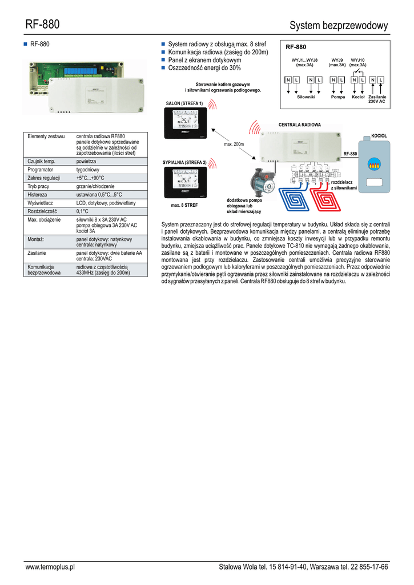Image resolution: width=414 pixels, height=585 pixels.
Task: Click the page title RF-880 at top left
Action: (x=43, y=25)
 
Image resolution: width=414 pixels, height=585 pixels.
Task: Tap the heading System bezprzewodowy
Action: (x=339, y=26)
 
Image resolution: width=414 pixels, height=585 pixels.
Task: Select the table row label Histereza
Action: (x=37, y=195)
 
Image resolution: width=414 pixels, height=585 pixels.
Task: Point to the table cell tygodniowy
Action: (x=88, y=170)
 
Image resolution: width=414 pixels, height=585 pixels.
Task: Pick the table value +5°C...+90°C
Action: (x=90, y=178)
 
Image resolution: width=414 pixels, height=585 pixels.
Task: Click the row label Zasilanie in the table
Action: (x=37, y=253)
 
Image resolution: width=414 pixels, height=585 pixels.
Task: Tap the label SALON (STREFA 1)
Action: (x=184, y=103)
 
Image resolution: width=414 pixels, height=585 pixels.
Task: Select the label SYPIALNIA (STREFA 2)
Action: (x=184, y=163)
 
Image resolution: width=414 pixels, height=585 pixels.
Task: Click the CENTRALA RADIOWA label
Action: (x=299, y=124)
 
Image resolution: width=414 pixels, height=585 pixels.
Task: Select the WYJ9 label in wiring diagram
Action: (x=337, y=59)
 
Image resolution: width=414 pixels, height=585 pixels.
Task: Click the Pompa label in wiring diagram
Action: (x=338, y=97)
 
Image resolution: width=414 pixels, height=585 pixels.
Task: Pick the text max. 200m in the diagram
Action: (x=234, y=145)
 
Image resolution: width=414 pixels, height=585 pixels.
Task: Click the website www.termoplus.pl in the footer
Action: (x=50, y=567)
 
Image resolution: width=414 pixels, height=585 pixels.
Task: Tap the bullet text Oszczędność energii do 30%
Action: (x=204, y=68)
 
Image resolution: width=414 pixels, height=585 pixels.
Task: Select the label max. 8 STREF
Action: (x=184, y=205)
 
